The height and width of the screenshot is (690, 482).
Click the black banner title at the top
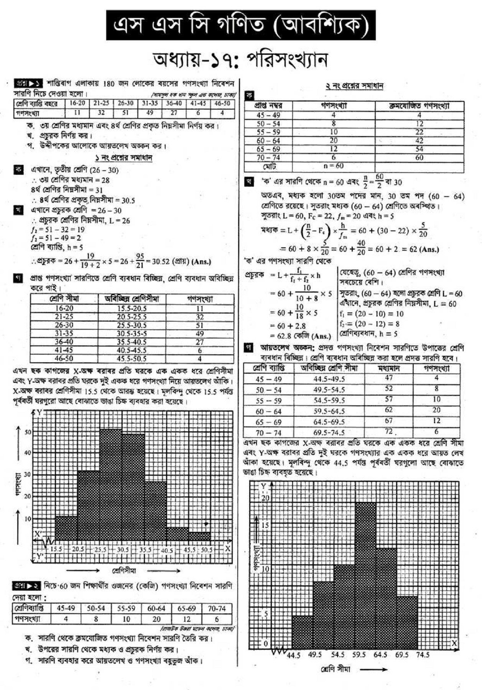pyautogui.click(x=241, y=25)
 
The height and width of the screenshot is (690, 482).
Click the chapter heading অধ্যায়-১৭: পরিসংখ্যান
pyautogui.click(x=240, y=61)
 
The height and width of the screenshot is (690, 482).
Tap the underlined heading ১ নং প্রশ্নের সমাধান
pyautogui.click(x=123, y=158)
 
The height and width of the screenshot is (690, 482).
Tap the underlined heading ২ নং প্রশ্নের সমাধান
pyautogui.click(x=354, y=86)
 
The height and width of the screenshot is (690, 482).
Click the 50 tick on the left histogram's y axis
pyautogui.click(x=28, y=432)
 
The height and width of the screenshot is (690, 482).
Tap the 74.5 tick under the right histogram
pyautogui.click(x=423, y=655)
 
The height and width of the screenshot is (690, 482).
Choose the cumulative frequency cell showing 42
pyautogui.click(x=419, y=141)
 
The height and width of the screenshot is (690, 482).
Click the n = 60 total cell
pyautogui.click(x=334, y=166)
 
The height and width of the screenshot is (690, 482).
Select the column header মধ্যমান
pyautogui.click(x=388, y=368)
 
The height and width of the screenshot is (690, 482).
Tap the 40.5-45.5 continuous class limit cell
pyautogui.click(x=132, y=350)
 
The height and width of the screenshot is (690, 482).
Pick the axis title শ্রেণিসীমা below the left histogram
pyautogui.click(x=124, y=571)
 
